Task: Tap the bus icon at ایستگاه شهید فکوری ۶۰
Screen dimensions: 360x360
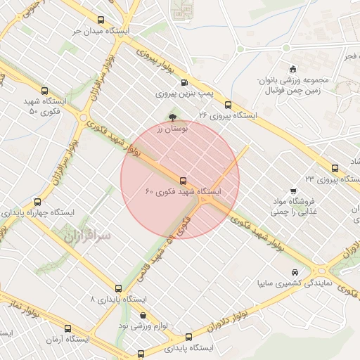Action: pyautogui.click(x=184, y=180)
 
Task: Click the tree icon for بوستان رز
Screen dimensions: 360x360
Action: pyautogui.click(x=173, y=118)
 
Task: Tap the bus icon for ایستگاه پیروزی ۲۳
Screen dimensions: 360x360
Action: pyautogui.click(x=334, y=168)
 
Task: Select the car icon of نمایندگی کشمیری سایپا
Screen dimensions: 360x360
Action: pyautogui.click(x=293, y=272)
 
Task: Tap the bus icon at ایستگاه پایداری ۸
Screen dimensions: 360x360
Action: pyautogui.click(x=118, y=288)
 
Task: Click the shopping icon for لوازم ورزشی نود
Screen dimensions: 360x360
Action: pyautogui.click(x=143, y=315)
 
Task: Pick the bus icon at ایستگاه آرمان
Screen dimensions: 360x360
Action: pyautogui.click(x=68, y=328)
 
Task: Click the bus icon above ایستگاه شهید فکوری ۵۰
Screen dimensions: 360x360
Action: pyautogui.click(x=46, y=91)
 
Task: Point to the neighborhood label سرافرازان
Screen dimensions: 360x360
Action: pyautogui.click(x=88, y=237)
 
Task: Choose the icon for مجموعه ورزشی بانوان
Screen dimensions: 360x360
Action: pyautogui.click(x=292, y=68)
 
